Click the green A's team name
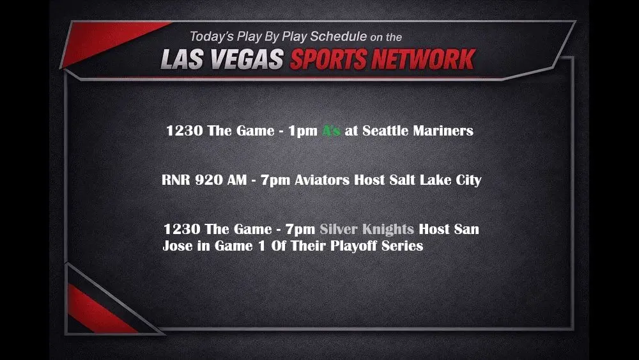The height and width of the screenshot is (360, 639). [330, 131]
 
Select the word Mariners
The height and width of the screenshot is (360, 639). [445, 131]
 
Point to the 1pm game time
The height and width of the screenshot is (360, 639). [302, 131]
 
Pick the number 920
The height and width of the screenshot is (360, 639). [209, 180]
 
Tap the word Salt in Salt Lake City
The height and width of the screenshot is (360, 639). [403, 180]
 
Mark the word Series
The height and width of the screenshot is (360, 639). [402, 246]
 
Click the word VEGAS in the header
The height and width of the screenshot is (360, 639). [250, 59]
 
